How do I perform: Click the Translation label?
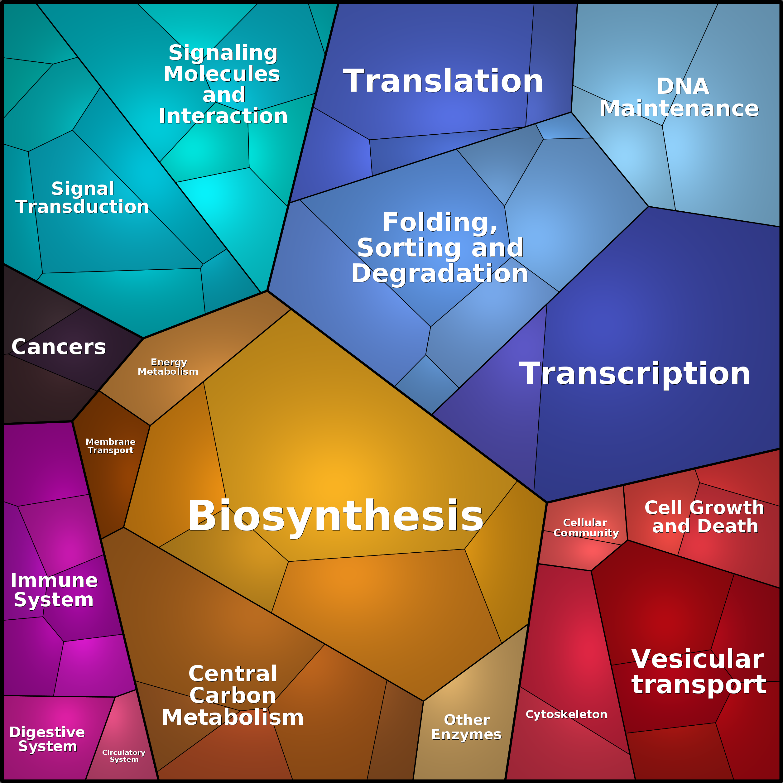(443, 81)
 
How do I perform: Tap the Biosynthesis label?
(336, 516)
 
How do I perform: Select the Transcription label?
(635, 374)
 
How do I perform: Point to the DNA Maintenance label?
(679, 97)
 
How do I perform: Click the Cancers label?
(59, 347)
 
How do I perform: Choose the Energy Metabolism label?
(168, 367)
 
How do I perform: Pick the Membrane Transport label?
(111, 446)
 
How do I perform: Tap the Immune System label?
(54, 590)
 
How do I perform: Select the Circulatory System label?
(124, 756)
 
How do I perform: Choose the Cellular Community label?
(586, 528)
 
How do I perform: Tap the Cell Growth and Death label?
(704, 517)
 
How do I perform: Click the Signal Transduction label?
(82, 198)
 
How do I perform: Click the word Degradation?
(440, 274)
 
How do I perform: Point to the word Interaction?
(223, 116)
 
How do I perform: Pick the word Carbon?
(233, 695)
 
